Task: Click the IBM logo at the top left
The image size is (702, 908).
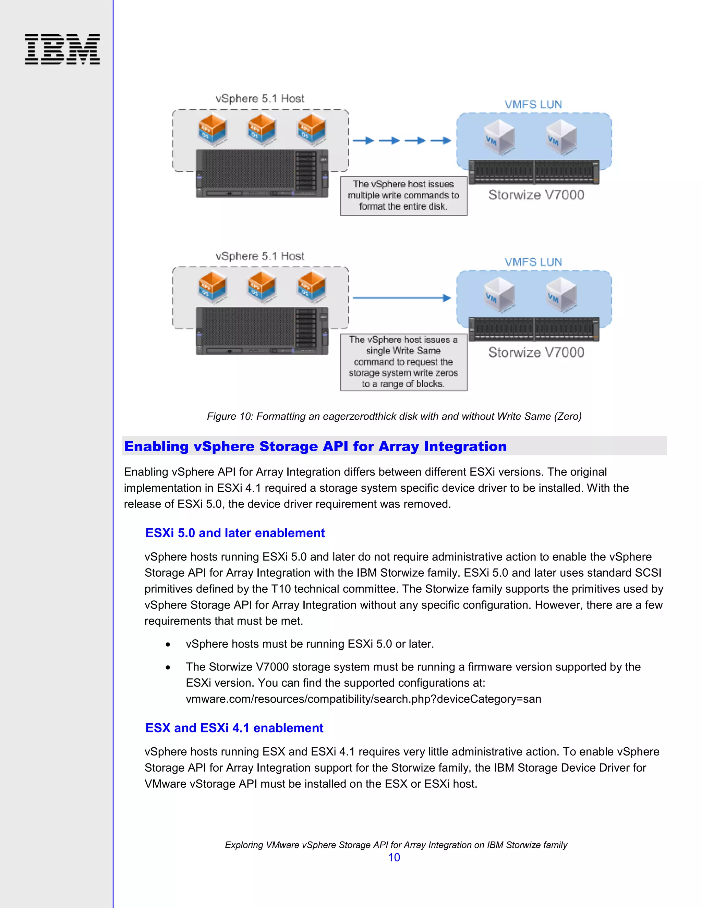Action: [x=62, y=49]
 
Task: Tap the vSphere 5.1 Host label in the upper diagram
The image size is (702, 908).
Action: [x=260, y=99]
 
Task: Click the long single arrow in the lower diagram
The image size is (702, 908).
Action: [x=402, y=298]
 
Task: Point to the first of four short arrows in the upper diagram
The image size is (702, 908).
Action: [x=363, y=140]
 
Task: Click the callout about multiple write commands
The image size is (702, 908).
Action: [x=403, y=195]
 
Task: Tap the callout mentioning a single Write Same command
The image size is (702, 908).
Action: [x=403, y=362]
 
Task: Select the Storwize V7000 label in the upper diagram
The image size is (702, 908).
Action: [x=536, y=195]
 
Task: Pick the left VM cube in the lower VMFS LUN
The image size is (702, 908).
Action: [x=499, y=294]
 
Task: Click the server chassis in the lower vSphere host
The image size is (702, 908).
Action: [x=262, y=331]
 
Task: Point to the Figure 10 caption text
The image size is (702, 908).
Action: [x=394, y=416]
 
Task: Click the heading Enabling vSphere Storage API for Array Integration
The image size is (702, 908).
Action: [x=315, y=446]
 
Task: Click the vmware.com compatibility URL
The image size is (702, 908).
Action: [x=363, y=699]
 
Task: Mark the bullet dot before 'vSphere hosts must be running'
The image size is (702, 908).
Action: [x=168, y=645]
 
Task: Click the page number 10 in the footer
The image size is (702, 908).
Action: [x=394, y=857]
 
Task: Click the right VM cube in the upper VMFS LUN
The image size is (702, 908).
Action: [x=561, y=136]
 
